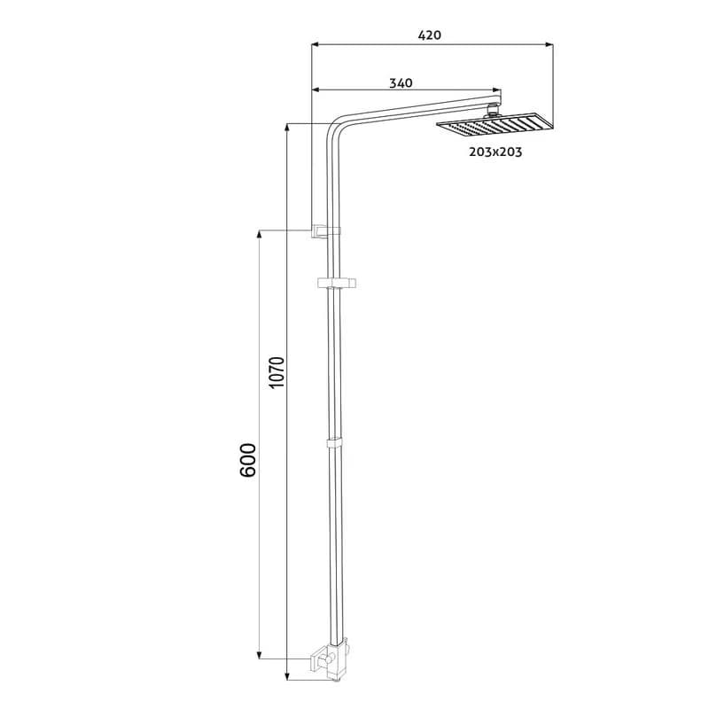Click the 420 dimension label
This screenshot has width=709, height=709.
click(429, 35)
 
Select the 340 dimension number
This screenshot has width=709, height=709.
click(401, 83)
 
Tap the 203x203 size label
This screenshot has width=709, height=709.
click(495, 152)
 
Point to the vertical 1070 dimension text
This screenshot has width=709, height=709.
click(277, 372)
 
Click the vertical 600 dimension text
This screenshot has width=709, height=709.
click(248, 460)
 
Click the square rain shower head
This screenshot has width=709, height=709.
click(495, 124)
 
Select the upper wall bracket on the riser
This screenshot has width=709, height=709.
click(325, 231)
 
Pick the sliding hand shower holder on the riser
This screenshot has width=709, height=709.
click(337, 284)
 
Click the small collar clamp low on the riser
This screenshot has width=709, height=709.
click(334, 442)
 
